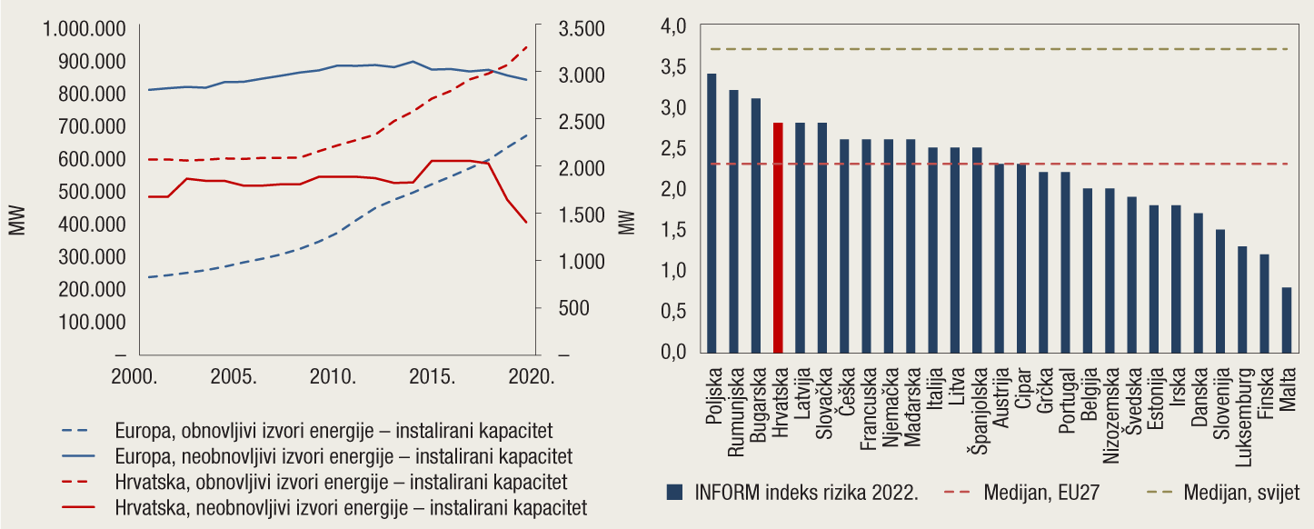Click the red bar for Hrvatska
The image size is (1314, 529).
tap(778, 238)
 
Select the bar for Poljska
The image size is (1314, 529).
tap(712, 214)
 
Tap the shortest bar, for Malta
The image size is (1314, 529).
tap(1287, 320)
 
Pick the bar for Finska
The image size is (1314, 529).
tap(1265, 304)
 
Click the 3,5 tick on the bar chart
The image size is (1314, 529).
tap(674, 67)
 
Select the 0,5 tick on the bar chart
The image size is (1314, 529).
tap(674, 312)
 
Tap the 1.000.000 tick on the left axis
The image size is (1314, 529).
tap(85, 28)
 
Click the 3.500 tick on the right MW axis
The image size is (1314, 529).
tap(582, 28)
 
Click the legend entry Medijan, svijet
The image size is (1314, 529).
tap(1241, 493)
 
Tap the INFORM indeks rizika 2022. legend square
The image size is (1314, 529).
tap(674, 493)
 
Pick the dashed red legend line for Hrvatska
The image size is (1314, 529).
tap(80, 480)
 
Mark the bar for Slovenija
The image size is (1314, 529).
tap(1220, 291)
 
